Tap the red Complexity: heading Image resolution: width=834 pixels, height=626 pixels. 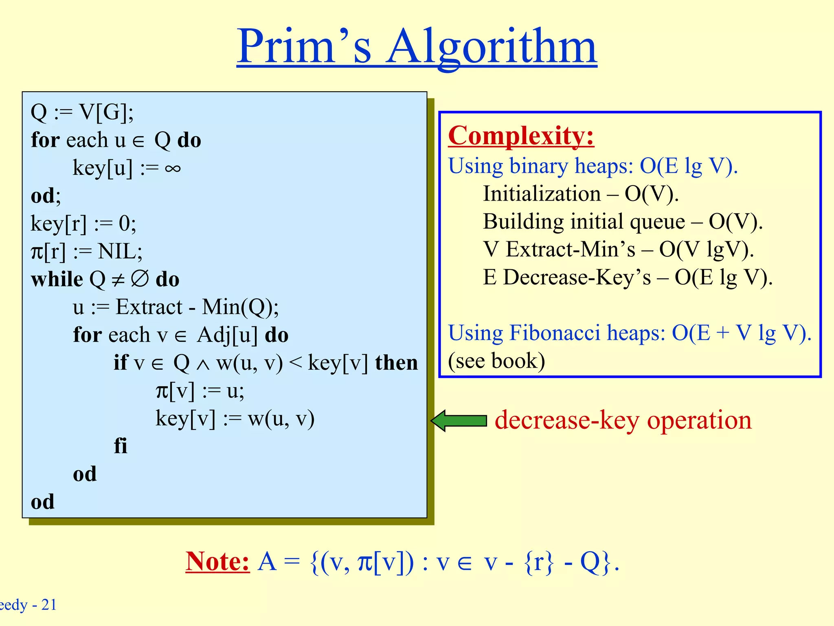pos(521,135)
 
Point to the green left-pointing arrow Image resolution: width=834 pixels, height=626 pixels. pos(459,421)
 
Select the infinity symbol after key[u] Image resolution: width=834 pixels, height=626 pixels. pos(173,168)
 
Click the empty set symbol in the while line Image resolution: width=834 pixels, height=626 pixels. pos(140,279)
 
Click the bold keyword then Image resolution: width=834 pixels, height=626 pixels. pos(396,362)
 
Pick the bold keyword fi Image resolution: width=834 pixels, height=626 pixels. pos(121,445)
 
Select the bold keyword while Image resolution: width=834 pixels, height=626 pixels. pos(57,279)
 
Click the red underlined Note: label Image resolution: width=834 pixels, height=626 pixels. pos(217,561)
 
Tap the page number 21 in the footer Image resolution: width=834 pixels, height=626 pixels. pos(49,604)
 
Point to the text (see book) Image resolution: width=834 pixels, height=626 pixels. pos(496,361)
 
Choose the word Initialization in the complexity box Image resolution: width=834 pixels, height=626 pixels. pos(542,194)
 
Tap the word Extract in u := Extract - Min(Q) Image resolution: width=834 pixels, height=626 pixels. pos(149,306)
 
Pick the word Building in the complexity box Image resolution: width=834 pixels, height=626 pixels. pos(523,222)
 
